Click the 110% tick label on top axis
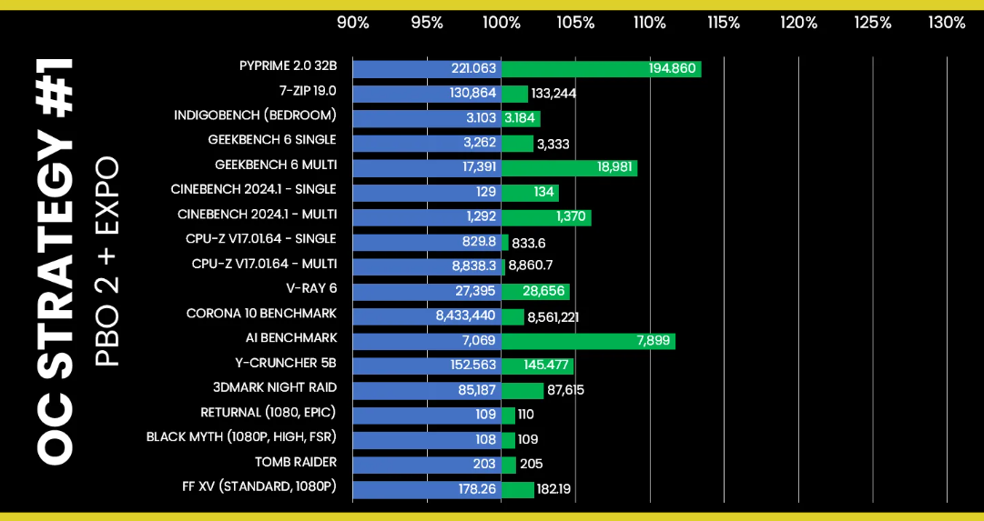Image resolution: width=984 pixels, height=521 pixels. click(x=650, y=24)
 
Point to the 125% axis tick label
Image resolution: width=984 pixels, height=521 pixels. click(x=872, y=24)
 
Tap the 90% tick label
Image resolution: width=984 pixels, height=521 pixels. click(x=353, y=24)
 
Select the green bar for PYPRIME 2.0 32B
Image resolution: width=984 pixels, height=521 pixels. click(x=601, y=69)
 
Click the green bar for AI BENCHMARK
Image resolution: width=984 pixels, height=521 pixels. click(x=589, y=341)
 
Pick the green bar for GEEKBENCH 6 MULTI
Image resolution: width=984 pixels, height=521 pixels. click(x=569, y=168)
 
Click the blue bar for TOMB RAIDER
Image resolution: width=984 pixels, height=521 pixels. click(x=427, y=465)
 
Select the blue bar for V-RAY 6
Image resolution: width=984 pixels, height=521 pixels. click(x=427, y=292)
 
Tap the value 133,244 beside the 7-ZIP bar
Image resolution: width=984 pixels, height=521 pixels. click(x=553, y=94)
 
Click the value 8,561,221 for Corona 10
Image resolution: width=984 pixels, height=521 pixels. click(x=553, y=317)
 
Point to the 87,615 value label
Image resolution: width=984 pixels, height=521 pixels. click(x=565, y=391)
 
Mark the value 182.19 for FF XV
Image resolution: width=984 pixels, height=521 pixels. click(x=553, y=489)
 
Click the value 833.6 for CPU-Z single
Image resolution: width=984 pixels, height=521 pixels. click(x=528, y=243)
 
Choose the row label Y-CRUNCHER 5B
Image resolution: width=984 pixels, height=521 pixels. click(x=285, y=363)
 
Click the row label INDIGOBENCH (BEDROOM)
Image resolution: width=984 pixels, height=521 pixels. click(x=256, y=115)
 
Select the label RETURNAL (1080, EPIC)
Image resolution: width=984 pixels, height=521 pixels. click(x=269, y=413)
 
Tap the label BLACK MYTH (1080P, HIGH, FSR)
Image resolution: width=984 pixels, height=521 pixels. click(x=241, y=437)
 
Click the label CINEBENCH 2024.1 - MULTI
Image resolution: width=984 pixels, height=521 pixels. click(x=258, y=215)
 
